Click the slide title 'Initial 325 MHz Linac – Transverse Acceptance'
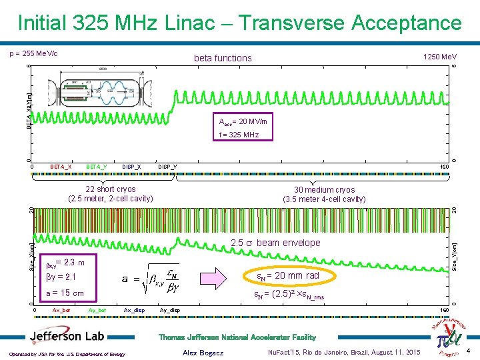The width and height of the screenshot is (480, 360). (x=240, y=23)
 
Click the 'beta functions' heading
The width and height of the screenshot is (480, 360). (x=223, y=58)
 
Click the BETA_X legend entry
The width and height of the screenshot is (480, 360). (x=61, y=166)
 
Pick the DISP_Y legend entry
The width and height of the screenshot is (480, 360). (x=167, y=166)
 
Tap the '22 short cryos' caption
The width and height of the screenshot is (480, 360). (x=111, y=193)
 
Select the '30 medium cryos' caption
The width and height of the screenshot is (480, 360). (x=324, y=194)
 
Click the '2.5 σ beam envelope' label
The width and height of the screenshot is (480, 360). (x=275, y=243)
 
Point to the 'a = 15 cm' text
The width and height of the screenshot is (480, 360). (x=65, y=293)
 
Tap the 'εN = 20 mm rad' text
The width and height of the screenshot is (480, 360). (x=288, y=275)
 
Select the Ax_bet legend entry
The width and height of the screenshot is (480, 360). (x=61, y=310)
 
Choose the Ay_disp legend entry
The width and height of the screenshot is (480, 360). (x=170, y=310)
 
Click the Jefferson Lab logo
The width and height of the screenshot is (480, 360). (x=66, y=336)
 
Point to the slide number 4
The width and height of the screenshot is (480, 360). (x=469, y=351)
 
